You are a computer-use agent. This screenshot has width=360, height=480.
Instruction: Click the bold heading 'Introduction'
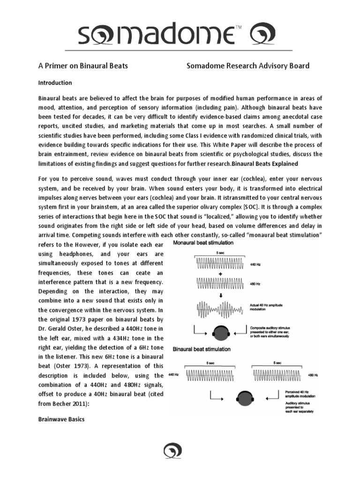coord(55,83)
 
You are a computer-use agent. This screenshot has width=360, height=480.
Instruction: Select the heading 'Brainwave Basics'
coord(61,420)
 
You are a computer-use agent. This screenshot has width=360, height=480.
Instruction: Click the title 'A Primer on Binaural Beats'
coord(83,66)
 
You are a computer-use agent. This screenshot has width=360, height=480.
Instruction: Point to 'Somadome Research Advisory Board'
coord(248,66)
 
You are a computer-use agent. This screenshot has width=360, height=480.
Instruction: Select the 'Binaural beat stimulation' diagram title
coord(202,349)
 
